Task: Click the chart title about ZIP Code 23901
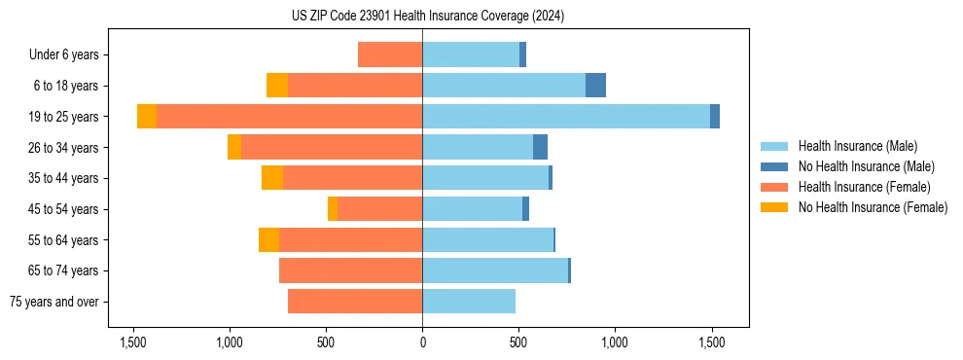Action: tap(427, 17)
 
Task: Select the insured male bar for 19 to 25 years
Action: tap(566, 117)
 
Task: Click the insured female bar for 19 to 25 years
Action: tap(289, 117)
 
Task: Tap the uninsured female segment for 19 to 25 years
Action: tap(147, 117)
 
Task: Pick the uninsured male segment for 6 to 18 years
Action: tap(595, 86)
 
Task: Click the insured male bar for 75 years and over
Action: tap(469, 302)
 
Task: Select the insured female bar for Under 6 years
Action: tap(390, 54)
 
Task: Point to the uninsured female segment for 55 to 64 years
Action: tap(269, 240)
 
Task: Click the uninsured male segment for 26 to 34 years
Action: tap(540, 147)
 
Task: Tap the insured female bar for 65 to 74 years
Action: tap(350, 270)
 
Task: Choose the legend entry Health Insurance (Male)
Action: tap(857, 146)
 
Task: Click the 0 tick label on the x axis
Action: tap(422, 342)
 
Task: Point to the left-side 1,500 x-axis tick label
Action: tap(133, 342)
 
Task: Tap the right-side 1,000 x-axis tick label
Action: tap(615, 342)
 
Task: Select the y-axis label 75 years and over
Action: tap(53, 302)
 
